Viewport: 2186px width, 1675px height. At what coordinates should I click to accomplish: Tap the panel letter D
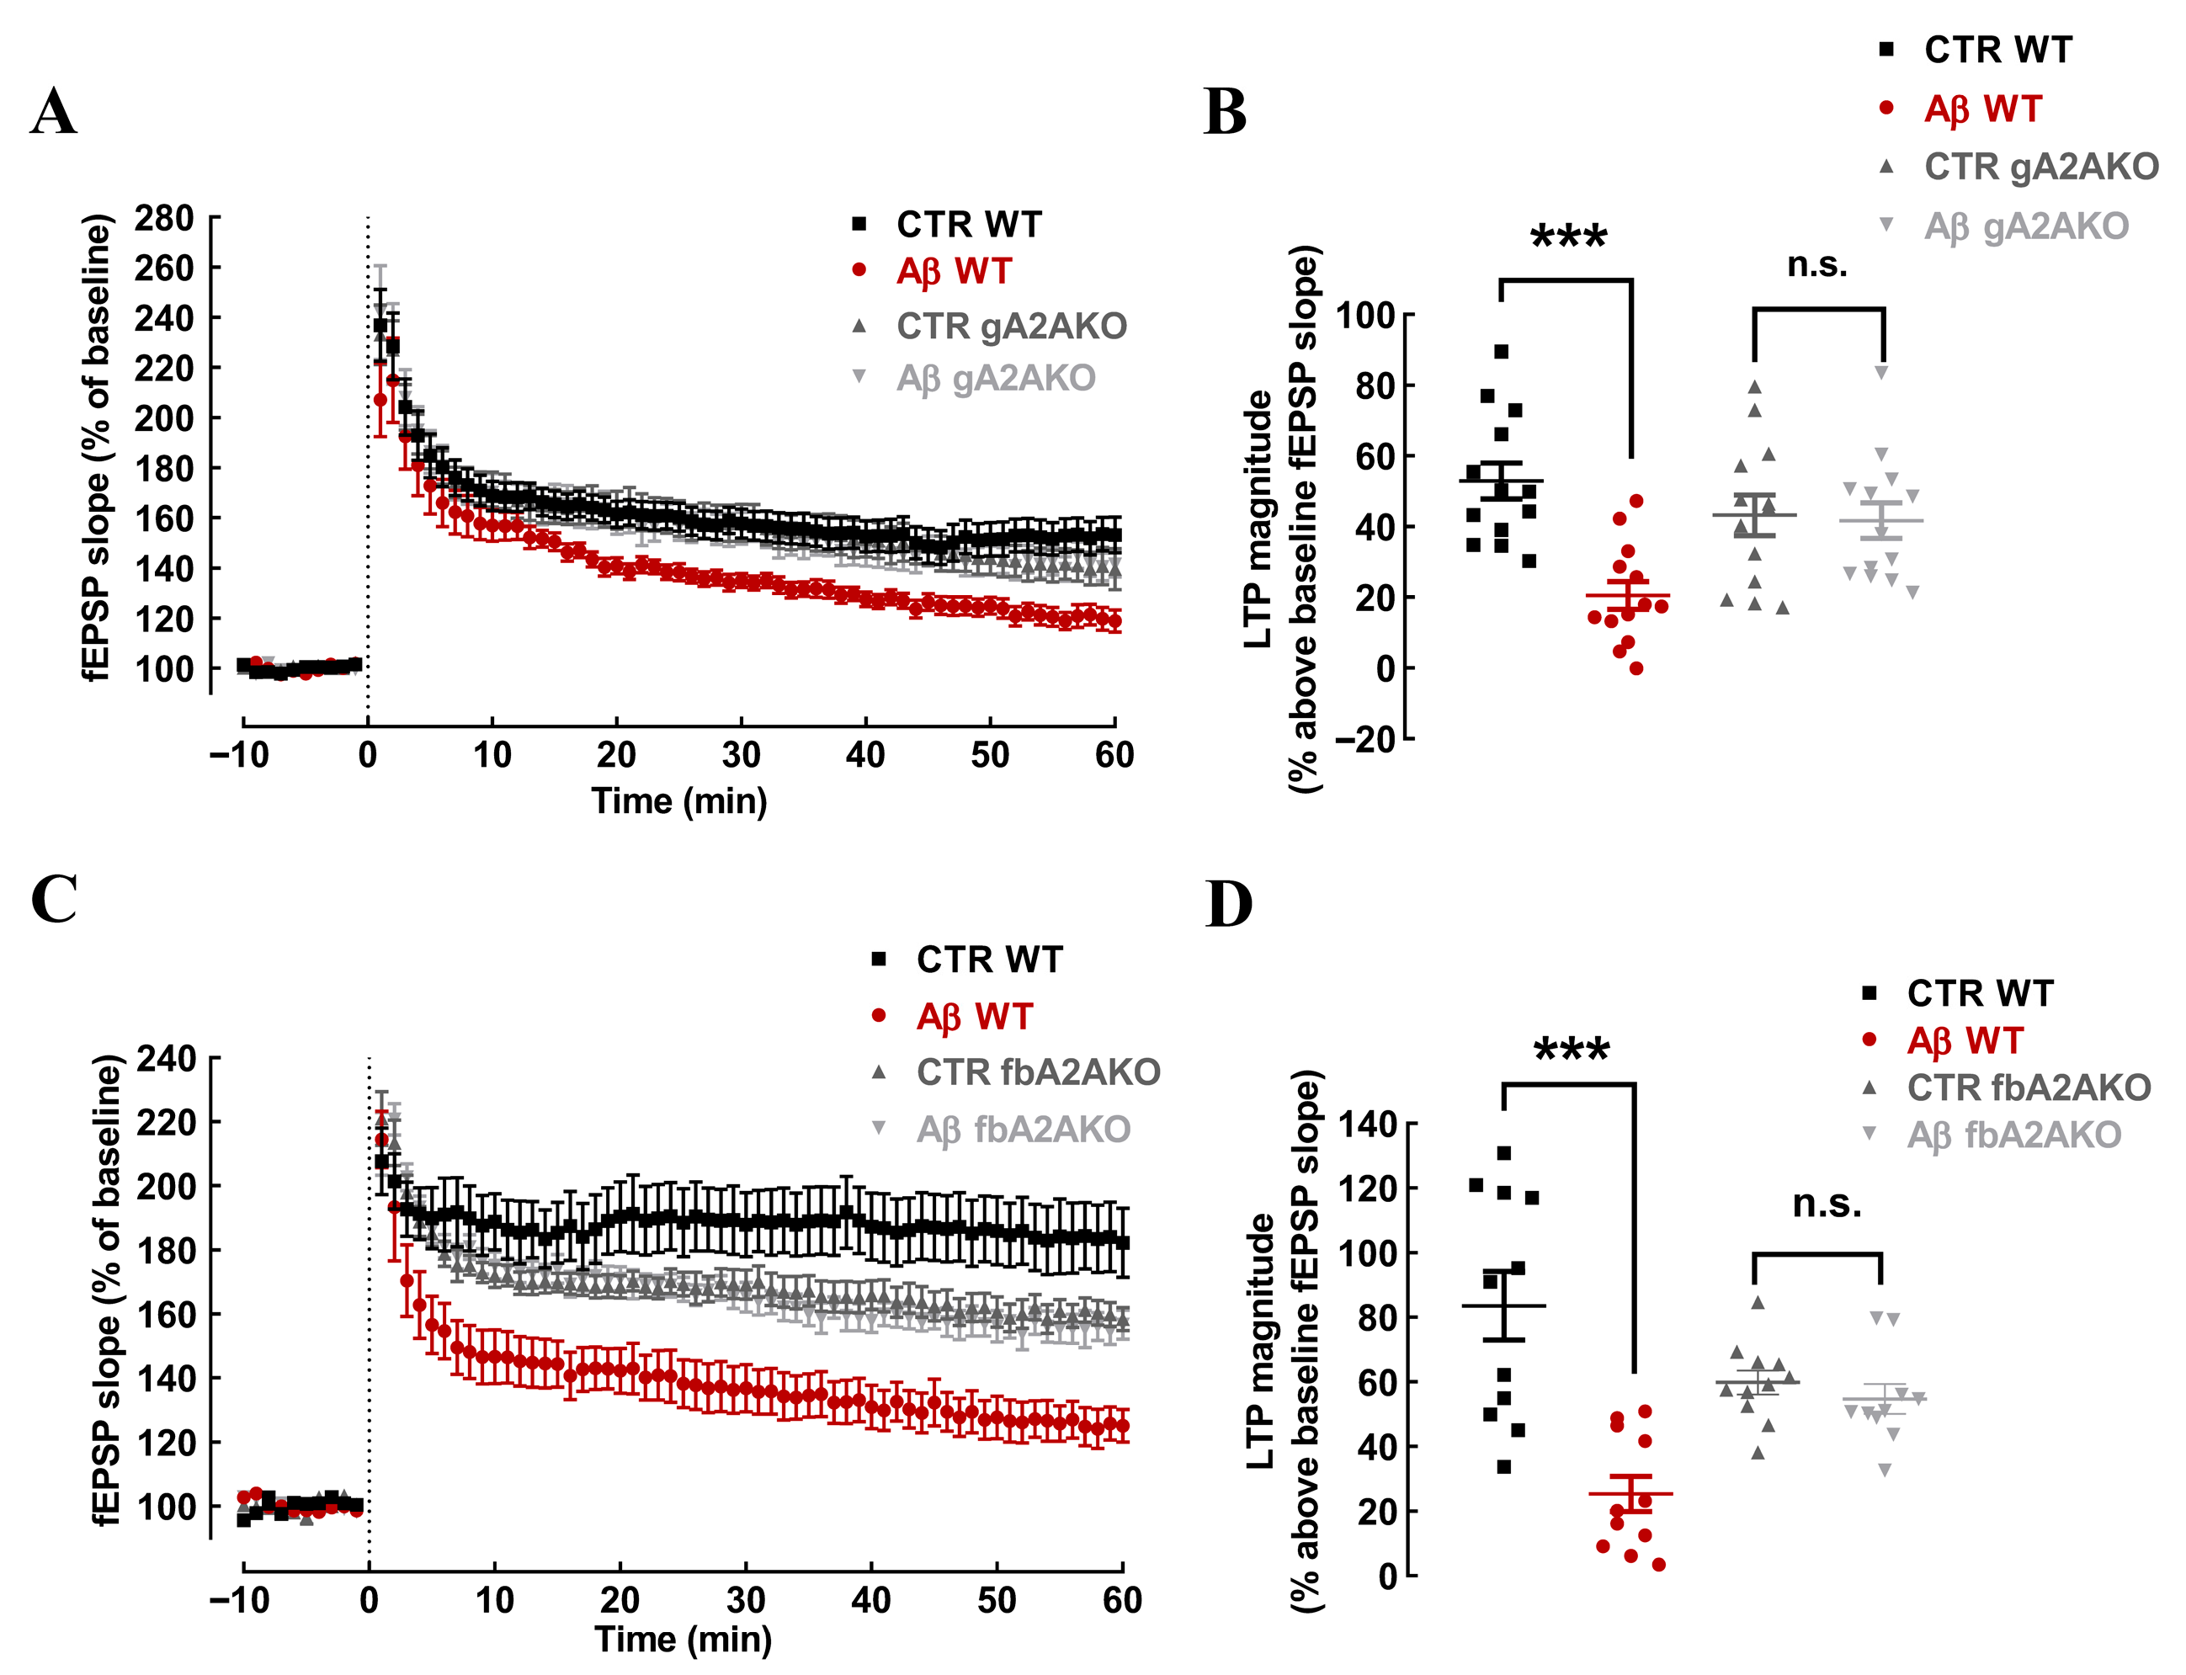(1229, 903)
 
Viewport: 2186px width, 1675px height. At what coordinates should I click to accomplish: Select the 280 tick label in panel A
(164, 217)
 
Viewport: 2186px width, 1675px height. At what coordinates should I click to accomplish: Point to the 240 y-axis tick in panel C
(167, 1058)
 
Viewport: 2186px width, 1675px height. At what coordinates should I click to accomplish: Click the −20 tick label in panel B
(1364, 739)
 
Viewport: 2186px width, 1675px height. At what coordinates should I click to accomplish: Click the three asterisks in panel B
(1568, 238)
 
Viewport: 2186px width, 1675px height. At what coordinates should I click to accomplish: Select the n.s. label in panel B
(1816, 264)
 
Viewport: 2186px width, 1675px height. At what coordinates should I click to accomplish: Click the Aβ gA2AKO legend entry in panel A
(995, 379)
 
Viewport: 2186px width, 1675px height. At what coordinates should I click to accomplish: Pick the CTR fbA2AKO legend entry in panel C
(1038, 1071)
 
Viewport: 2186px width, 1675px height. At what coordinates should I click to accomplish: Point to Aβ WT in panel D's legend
(1964, 1041)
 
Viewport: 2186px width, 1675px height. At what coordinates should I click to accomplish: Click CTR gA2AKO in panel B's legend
(2040, 167)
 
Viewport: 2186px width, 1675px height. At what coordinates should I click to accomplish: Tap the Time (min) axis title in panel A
(678, 800)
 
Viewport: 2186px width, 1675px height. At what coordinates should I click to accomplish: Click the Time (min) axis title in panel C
(683, 1639)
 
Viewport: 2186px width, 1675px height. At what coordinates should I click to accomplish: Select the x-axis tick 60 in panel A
(1114, 755)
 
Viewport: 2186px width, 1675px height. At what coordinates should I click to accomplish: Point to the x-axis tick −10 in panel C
(239, 1600)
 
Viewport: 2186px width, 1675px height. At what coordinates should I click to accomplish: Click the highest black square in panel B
(1501, 351)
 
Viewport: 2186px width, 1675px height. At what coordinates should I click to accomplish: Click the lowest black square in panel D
(1503, 1466)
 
